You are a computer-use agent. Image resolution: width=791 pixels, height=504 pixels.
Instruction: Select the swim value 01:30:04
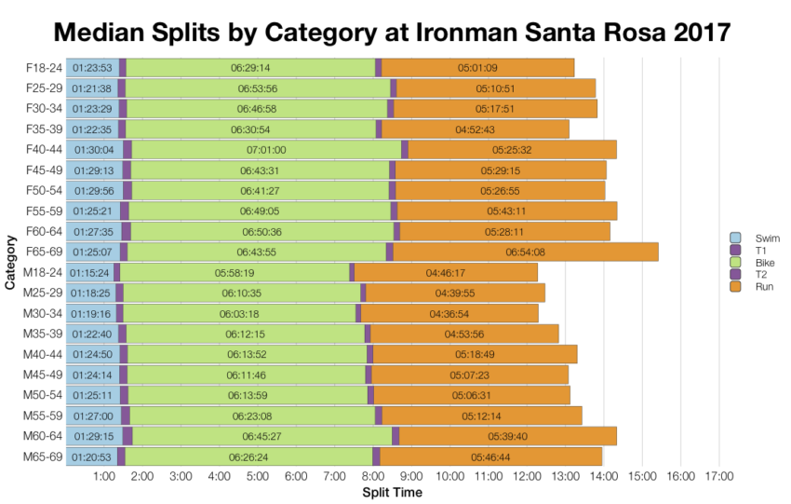point(92,149)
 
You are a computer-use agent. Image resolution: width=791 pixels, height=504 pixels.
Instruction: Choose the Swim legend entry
point(756,238)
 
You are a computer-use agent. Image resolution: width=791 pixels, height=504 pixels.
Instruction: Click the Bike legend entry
point(756,262)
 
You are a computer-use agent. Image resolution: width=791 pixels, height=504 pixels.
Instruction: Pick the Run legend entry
point(756,286)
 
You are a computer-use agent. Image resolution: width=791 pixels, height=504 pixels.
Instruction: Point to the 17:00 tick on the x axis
point(719,477)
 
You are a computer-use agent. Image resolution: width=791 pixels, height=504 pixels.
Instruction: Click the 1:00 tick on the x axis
point(104,477)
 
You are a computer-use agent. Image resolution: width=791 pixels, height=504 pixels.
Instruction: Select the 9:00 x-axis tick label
point(411,477)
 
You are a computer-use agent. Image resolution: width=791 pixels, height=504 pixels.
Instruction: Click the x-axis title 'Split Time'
point(391,492)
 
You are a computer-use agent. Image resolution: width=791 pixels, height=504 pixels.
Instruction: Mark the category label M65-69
point(43,456)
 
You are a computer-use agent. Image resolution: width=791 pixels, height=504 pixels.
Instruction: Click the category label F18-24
point(43,67)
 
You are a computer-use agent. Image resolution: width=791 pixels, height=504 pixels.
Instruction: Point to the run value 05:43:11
point(507,211)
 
